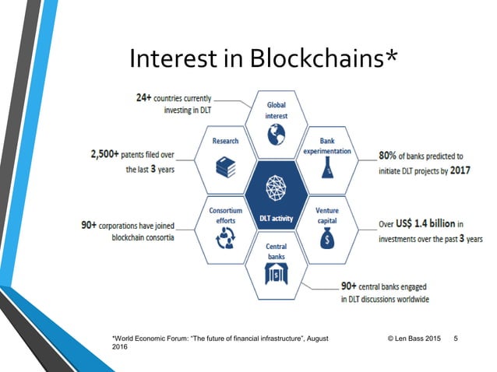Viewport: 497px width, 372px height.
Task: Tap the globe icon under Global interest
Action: click(x=274, y=135)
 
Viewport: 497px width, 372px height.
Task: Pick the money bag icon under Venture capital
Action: click(x=327, y=234)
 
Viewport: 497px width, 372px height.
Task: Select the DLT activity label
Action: click(x=275, y=219)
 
